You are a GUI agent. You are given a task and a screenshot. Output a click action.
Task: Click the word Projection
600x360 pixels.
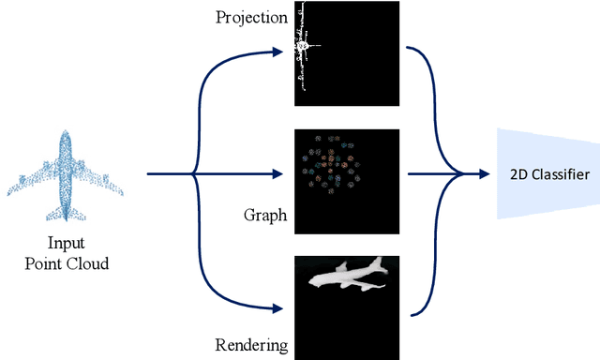pos(249,18)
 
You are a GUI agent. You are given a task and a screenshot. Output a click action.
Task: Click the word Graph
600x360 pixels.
pos(264,217)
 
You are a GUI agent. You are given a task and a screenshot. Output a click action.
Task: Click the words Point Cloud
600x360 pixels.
pos(67,263)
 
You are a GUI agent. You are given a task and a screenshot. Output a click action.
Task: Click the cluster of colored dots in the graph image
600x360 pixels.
pos(327,164)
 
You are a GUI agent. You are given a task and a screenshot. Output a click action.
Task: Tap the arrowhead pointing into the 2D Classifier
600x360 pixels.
pos(485,173)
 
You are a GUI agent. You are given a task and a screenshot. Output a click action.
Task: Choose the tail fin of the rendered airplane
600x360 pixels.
pos(377,261)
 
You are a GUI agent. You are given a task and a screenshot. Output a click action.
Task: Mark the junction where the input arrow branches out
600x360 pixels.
pos(193,173)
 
